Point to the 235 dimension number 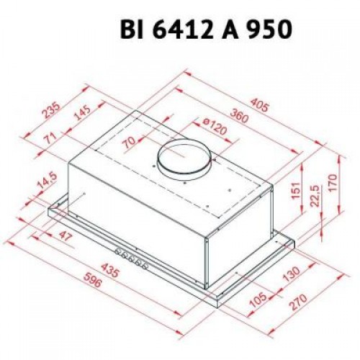coord(48,110)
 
